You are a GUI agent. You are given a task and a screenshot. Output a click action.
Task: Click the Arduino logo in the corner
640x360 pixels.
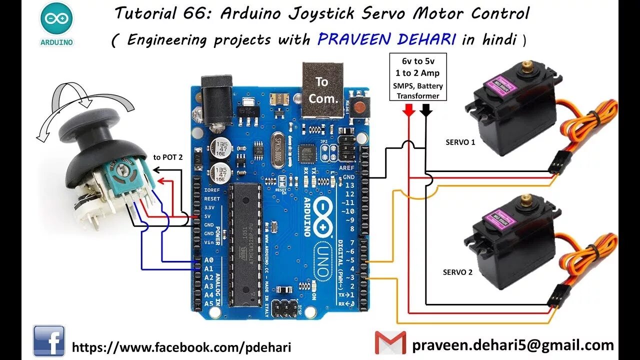56,23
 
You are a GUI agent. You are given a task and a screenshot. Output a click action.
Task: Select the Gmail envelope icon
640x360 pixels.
390,343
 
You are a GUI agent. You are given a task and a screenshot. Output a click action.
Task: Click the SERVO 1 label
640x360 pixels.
460,142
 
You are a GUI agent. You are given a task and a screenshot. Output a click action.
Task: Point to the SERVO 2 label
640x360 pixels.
457,272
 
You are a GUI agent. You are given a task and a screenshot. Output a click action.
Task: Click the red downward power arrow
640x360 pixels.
409,110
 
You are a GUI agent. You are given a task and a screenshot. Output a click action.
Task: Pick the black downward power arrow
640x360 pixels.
425,110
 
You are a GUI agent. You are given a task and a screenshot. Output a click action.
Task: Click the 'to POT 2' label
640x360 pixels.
168,157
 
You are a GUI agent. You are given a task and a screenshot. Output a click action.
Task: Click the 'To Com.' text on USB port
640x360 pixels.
323,90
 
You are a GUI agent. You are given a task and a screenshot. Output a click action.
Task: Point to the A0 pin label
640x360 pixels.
208,260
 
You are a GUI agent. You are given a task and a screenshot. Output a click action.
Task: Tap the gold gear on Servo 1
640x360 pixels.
527,65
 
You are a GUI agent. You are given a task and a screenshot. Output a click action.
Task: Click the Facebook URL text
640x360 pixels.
181,347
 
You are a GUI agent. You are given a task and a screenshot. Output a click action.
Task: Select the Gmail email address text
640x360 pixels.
513,345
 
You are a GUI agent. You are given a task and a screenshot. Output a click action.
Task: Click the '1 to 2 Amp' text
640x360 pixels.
417,73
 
